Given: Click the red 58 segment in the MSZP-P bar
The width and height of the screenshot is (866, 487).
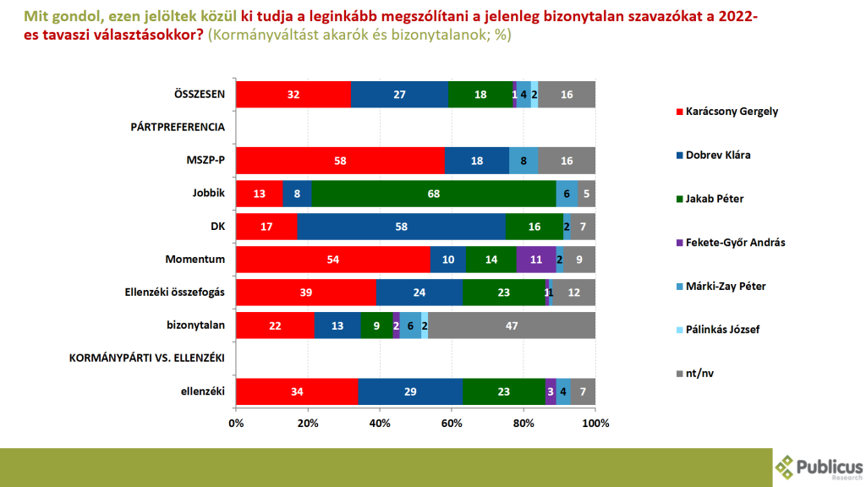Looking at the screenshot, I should click(x=340, y=160).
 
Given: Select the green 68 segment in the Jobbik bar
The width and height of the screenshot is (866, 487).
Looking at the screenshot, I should click(x=434, y=193).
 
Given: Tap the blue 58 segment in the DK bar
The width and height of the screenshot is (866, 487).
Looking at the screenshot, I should click(x=401, y=226).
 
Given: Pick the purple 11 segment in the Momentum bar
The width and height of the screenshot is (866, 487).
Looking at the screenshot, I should click(x=536, y=259).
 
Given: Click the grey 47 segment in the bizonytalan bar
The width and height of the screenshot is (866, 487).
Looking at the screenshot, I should click(x=512, y=326).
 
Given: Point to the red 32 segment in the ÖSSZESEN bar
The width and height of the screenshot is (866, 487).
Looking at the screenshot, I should click(x=293, y=95).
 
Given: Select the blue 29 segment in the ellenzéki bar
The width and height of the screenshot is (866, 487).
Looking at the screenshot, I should click(x=410, y=391).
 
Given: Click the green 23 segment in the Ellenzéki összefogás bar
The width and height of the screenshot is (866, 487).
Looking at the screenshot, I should click(x=504, y=293).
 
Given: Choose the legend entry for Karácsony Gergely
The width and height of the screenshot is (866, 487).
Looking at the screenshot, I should click(x=732, y=112).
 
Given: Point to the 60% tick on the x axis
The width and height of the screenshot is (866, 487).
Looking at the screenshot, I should click(x=452, y=422).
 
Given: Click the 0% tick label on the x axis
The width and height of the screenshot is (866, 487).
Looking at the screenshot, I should click(x=236, y=422).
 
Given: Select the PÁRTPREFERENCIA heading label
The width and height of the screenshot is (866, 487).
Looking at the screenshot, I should click(x=178, y=127).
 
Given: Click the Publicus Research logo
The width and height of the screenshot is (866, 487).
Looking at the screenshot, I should click(x=819, y=467).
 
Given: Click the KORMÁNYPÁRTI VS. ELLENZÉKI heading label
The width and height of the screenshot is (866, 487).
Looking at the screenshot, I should click(x=145, y=358).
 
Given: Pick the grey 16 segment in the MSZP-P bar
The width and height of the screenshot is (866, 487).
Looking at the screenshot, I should click(x=567, y=160).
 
